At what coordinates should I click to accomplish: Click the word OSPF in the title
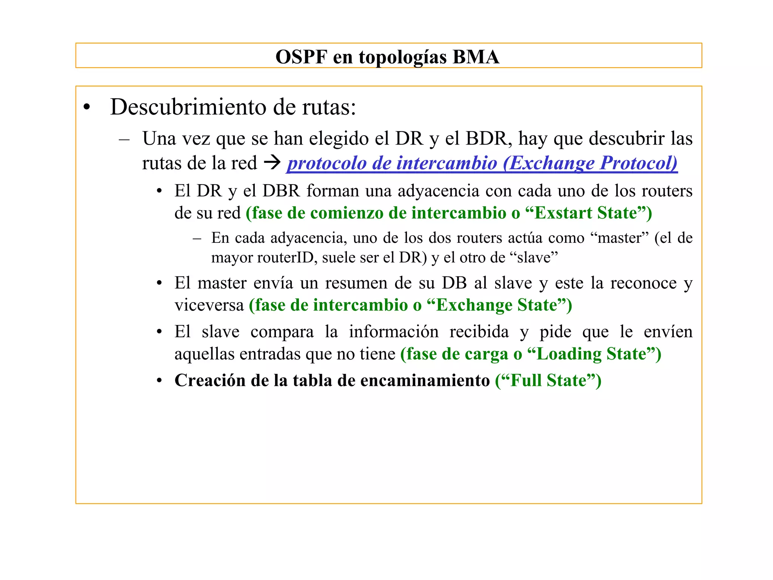coord(301,57)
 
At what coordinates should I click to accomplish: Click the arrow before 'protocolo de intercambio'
coord(272,163)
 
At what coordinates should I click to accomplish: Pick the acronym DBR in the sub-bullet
coord(281,191)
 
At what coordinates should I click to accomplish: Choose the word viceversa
coord(209,305)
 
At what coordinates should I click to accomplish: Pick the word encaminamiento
coord(425,380)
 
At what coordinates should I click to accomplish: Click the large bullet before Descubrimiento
coord(87,108)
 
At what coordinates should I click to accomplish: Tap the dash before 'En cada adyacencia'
coord(196,238)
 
